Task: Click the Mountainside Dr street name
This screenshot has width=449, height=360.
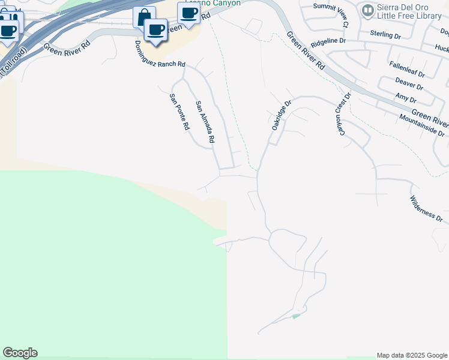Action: point(423,125)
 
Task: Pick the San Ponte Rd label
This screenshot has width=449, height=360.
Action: point(179,112)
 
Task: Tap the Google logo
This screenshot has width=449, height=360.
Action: point(20,353)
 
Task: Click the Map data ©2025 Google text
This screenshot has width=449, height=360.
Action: point(411,355)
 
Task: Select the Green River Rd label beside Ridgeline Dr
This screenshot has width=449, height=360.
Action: point(306,51)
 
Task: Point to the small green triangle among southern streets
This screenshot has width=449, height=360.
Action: point(295,316)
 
